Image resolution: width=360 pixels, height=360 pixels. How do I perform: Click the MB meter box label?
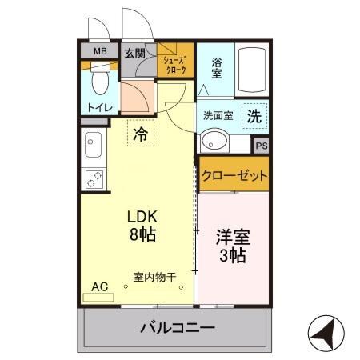pos(99,53)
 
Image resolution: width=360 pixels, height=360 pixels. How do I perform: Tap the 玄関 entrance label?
pos(135,54)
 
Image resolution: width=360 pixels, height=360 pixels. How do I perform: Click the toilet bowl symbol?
pos(100,82)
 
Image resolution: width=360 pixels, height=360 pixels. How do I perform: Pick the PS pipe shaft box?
pos(261,146)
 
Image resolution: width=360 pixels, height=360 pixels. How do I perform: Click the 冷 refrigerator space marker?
pos(141,134)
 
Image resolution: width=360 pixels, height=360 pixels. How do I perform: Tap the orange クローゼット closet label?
pos(234,175)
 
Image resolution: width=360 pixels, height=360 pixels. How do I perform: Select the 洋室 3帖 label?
pos(232,247)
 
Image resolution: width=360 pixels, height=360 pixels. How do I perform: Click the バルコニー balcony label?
pos(177,328)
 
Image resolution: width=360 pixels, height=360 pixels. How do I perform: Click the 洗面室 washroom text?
pos(218,115)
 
